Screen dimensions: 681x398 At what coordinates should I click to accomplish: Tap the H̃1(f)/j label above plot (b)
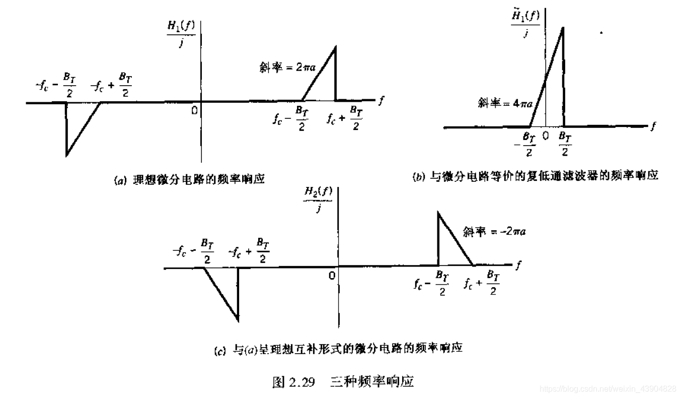click(x=525, y=25)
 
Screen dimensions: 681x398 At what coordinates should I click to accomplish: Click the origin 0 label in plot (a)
click(x=194, y=110)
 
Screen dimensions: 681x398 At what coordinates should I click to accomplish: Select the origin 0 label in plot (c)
click(x=332, y=275)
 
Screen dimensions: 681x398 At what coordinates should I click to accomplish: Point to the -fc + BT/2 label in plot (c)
click(x=249, y=249)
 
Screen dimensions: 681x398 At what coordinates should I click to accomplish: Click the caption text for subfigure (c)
click(x=338, y=348)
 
